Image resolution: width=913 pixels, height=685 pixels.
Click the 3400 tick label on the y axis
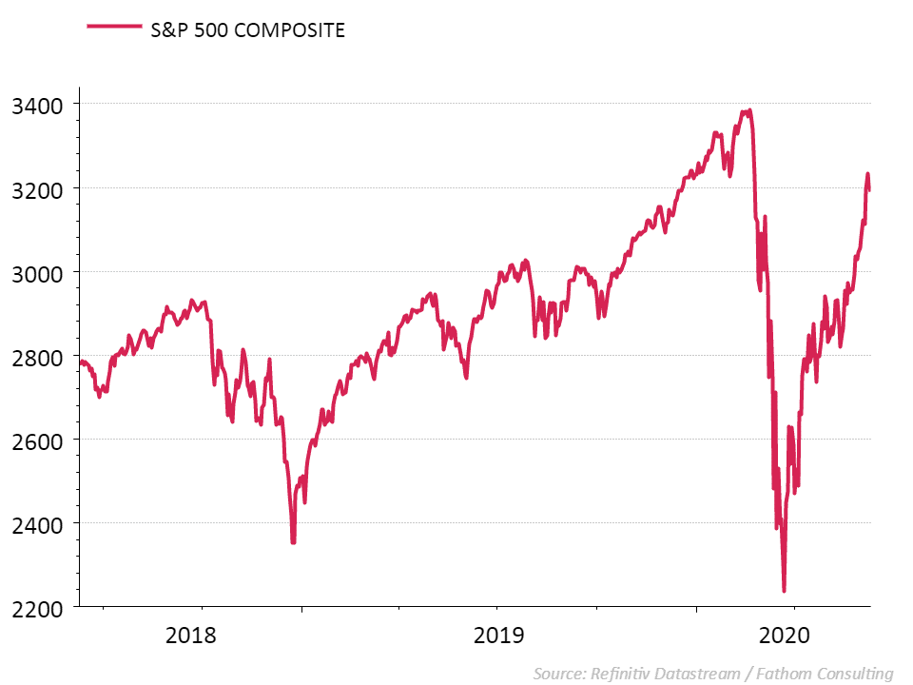point(34,104)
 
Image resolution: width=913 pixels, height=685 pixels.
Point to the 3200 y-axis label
point(34,187)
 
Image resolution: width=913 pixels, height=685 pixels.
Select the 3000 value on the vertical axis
point(34,272)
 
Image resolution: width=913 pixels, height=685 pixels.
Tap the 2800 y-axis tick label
point(34,356)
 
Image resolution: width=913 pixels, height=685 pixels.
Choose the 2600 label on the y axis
point(34,440)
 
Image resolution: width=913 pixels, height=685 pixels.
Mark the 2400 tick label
point(34,523)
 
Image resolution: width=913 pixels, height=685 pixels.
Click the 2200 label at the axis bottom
point(34,607)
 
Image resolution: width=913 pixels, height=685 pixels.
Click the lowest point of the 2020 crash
point(784,591)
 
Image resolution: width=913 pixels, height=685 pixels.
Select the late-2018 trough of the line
point(293,542)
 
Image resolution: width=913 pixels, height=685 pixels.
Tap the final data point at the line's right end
point(869,190)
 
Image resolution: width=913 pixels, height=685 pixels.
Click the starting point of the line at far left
point(80,362)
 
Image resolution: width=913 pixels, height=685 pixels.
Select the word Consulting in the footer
point(853,674)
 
